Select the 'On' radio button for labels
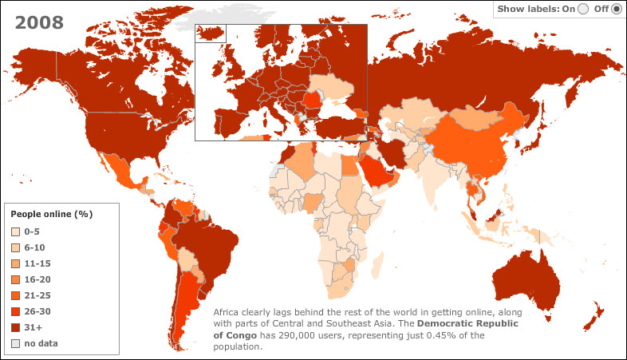point(583,10)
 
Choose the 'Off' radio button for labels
point(616,10)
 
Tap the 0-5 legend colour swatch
point(15,232)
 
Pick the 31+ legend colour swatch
point(15,327)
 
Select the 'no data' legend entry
point(41,343)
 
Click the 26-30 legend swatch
point(15,311)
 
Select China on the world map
point(467,144)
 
